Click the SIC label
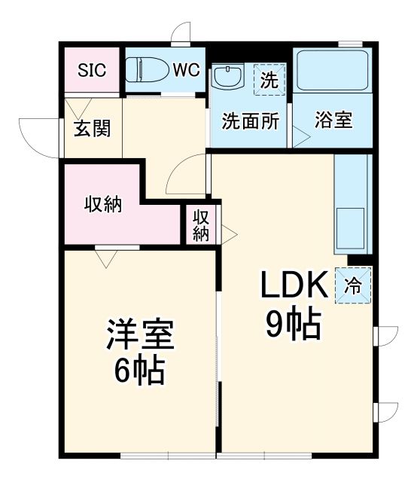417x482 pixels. (x=91, y=70)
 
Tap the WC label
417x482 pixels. (x=186, y=70)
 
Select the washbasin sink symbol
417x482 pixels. (x=227, y=76)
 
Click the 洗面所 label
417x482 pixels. (x=250, y=121)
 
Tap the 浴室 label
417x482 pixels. (x=333, y=120)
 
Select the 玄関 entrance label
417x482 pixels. (x=93, y=128)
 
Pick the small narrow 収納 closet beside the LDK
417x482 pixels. (x=200, y=224)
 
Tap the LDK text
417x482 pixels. (x=293, y=285)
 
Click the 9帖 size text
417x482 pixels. (x=293, y=325)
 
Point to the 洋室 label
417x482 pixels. (x=141, y=334)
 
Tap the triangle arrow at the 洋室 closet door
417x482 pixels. (x=106, y=258)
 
